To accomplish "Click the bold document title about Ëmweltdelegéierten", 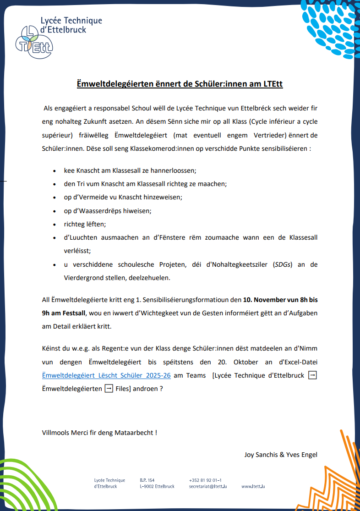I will (180, 84).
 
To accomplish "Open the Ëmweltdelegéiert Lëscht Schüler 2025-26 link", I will (106, 375).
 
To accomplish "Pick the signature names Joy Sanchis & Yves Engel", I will (281, 455).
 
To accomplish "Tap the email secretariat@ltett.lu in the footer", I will (208, 486).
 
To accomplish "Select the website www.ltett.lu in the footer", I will (253, 486).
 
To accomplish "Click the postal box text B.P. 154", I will (147, 480).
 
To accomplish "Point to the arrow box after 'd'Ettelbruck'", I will (312, 375).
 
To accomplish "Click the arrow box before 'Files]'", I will (109, 389).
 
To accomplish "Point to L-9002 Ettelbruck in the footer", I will (157, 486).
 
